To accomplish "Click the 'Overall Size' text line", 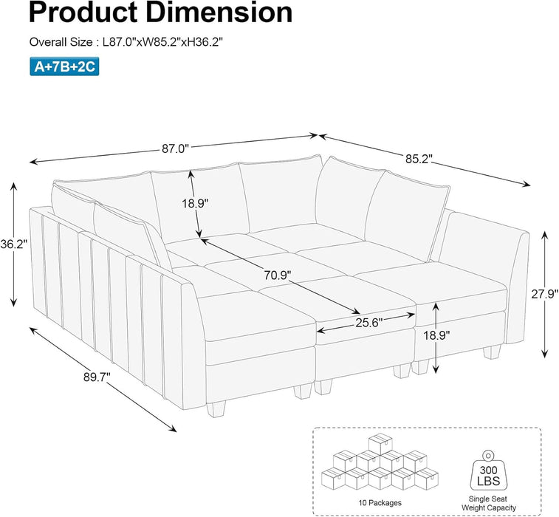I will [126, 42].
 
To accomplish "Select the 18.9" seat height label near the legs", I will [456, 335].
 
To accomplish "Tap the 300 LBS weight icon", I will [488, 463].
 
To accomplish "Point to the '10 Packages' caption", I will [361, 502].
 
